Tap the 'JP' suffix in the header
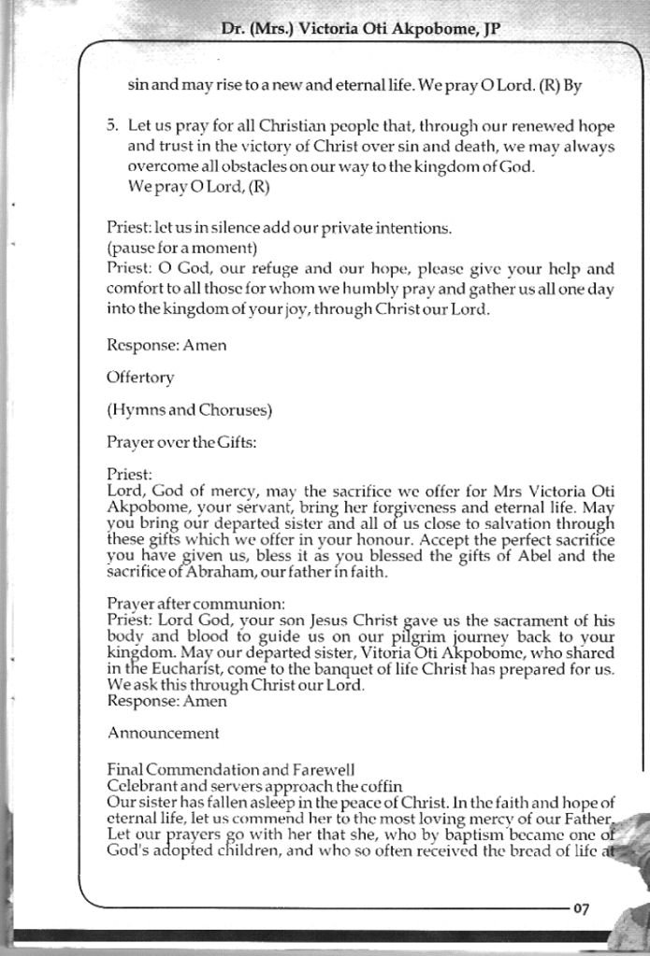487,29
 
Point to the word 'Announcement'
164,732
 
